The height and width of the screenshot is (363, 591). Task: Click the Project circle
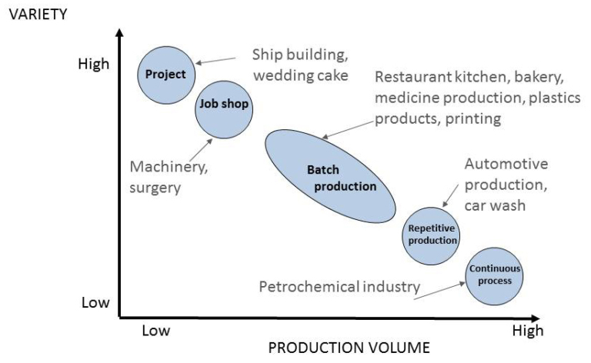coord(165,75)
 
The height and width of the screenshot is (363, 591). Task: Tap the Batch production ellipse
coord(330,177)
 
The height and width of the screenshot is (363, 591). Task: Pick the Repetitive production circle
coord(432,234)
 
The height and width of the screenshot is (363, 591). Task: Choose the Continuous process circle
coord(495,275)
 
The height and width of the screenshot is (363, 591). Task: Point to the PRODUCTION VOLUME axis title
coord(338,347)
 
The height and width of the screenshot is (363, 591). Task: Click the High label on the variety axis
coord(94,65)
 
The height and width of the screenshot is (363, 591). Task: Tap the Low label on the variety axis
coord(95,303)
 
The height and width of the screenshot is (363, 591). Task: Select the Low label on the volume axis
coord(155,331)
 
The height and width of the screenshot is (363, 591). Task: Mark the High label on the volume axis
coord(527,331)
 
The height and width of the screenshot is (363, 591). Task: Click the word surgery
coord(155,186)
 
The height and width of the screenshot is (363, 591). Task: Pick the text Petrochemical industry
coord(339,287)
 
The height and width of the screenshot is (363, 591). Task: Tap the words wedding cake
coord(300,75)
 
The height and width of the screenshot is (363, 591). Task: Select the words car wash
coord(494,206)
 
